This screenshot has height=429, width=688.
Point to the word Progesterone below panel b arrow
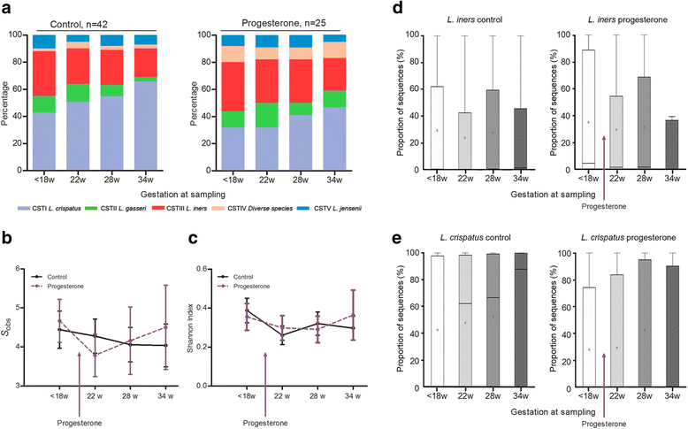(x=82, y=423)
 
